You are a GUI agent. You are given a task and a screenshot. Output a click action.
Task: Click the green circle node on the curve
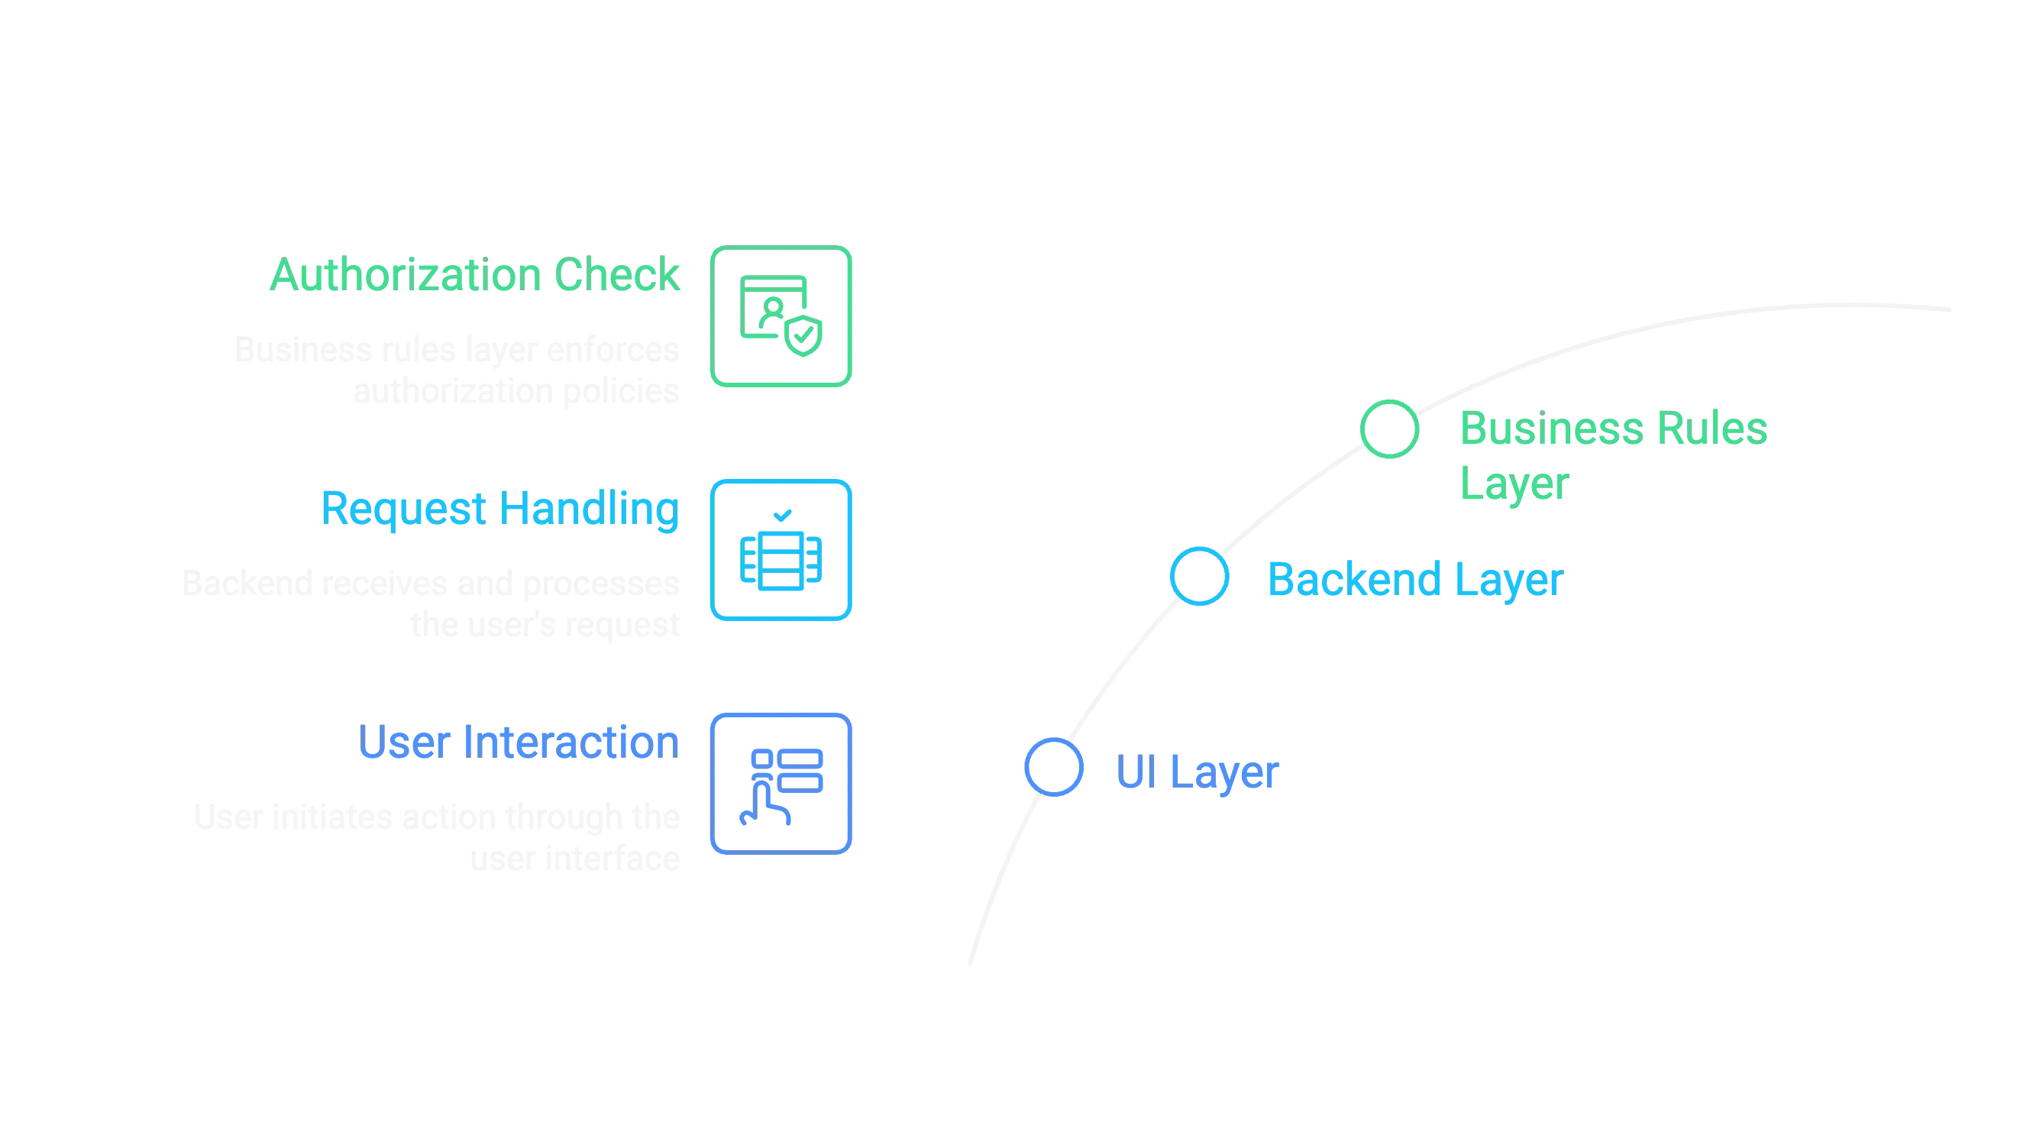(x=1389, y=429)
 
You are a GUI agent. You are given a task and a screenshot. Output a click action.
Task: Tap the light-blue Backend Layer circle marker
(x=1198, y=576)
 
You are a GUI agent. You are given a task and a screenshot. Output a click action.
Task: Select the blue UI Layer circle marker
(x=1054, y=767)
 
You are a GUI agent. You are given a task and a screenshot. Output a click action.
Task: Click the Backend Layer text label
(x=1414, y=579)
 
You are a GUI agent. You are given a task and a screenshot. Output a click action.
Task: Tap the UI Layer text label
(x=1198, y=771)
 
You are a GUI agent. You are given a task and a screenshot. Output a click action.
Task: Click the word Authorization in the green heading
(x=406, y=275)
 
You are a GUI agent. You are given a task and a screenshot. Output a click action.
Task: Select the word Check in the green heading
(x=618, y=275)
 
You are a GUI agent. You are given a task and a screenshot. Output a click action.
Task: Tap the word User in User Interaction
(x=403, y=742)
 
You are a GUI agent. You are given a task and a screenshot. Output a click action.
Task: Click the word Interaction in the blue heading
(x=571, y=742)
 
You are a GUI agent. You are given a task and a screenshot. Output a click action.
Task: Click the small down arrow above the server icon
(x=781, y=516)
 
